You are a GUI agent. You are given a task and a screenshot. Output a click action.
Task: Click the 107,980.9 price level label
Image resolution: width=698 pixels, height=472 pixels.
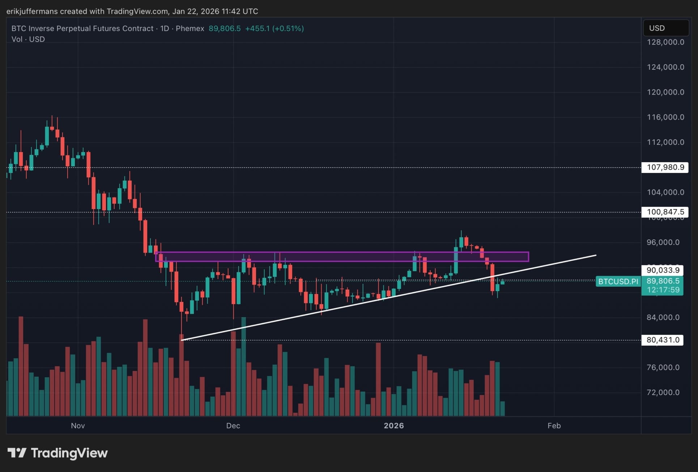click(x=665, y=167)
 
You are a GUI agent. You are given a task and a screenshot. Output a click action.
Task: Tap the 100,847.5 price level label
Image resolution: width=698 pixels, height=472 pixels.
click(x=665, y=212)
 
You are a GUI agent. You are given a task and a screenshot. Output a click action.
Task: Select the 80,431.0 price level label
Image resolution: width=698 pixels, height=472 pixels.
click(x=663, y=340)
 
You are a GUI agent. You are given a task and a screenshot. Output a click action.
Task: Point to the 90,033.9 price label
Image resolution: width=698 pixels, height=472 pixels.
click(x=663, y=270)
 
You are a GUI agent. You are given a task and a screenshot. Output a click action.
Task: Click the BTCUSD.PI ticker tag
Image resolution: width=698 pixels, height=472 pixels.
click(x=618, y=281)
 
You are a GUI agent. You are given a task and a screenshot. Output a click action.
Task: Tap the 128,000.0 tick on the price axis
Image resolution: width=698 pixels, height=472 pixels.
click(x=665, y=42)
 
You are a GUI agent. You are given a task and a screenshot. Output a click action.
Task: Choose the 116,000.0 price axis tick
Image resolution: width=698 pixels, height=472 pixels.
click(x=665, y=117)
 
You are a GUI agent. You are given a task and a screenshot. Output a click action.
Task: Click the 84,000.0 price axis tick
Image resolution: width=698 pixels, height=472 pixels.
click(x=663, y=317)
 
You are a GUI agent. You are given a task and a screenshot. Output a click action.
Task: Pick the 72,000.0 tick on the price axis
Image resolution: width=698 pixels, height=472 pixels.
click(x=663, y=393)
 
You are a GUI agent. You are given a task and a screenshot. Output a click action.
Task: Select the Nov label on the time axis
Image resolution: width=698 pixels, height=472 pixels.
click(x=78, y=426)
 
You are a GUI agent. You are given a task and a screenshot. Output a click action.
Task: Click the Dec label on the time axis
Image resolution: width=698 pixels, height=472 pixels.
click(x=233, y=426)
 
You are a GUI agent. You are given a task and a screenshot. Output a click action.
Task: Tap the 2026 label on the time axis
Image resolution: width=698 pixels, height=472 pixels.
click(x=393, y=426)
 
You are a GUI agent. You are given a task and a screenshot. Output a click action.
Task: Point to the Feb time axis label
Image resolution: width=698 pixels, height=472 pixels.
click(x=554, y=426)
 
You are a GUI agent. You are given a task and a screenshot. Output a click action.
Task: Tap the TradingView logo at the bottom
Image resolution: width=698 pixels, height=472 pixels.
click(x=58, y=453)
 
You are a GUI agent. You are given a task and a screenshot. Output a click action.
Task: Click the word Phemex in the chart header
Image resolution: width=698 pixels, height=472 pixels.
click(x=190, y=29)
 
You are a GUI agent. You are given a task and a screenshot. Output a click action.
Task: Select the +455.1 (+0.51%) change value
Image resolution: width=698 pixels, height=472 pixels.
click(x=274, y=29)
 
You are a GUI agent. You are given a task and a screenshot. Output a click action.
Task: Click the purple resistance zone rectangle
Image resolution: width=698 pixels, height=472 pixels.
click(x=342, y=257)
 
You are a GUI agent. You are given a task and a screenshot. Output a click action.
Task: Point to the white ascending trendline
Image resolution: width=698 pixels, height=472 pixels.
click(x=362, y=300)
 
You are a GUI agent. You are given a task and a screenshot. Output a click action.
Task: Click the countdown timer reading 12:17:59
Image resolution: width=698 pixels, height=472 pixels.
click(x=663, y=290)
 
